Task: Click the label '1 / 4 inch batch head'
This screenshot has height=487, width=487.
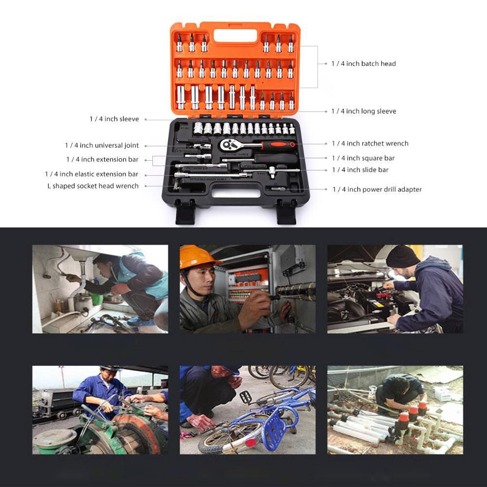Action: pyautogui.click(x=363, y=64)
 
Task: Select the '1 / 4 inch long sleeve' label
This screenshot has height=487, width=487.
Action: pyautogui.click(x=363, y=112)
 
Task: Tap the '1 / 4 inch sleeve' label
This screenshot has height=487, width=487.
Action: pyautogui.click(x=114, y=119)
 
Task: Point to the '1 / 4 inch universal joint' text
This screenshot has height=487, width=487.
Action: pyautogui.click(x=102, y=146)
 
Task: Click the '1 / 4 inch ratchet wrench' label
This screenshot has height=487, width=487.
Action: pyautogui.click(x=370, y=144)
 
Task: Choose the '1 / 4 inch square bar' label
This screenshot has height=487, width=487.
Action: pyautogui.click(x=363, y=158)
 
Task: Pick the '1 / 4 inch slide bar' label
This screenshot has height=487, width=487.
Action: pyautogui.click(x=360, y=170)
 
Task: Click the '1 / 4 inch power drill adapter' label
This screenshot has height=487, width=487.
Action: pyautogui.click(x=376, y=189)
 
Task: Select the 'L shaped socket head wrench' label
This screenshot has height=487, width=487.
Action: pyautogui.click(x=93, y=186)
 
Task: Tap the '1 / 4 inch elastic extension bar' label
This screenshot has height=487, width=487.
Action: pyautogui.click(x=92, y=174)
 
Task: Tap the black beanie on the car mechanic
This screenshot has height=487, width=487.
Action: pyautogui.click(x=402, y=257)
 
